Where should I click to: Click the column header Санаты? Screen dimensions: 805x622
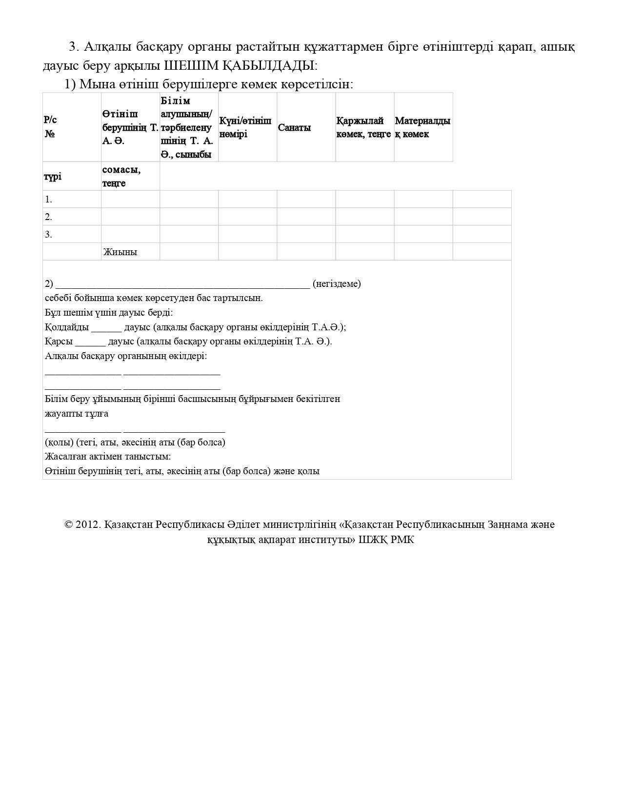294,127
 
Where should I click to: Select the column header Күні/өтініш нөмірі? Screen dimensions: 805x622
245,127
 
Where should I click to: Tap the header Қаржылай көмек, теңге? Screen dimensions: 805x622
363,127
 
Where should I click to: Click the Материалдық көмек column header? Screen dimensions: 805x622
422,127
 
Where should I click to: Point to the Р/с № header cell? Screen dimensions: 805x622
50,127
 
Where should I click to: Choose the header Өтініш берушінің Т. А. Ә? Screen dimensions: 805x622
130,127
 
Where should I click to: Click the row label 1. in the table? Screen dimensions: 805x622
48,200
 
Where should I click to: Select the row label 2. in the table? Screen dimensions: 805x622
48,217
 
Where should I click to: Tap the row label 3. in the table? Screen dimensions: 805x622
48,235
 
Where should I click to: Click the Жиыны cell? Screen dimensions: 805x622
120,252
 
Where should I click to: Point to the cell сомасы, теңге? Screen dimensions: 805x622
121,176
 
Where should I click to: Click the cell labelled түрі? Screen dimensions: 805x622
53,177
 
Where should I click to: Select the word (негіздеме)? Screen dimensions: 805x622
337,283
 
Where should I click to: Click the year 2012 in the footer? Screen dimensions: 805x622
88,524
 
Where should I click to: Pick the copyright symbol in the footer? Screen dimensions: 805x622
69,524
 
